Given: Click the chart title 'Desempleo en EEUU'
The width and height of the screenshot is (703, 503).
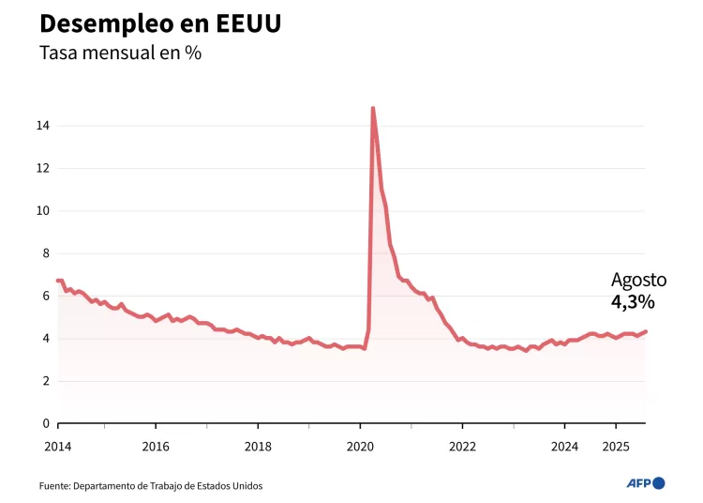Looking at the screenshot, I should click(x=160, y=23).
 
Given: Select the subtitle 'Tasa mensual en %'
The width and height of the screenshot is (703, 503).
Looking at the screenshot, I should click(x=120, y=53).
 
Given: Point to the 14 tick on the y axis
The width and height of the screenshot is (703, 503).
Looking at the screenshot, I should click(x=43, y=126).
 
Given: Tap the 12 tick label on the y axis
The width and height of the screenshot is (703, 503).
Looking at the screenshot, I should click(x=43, y=168).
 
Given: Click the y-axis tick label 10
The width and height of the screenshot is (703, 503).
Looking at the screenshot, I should click(x=43, y=211).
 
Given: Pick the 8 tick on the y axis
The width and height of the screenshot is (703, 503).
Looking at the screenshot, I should click(x=46, y=253).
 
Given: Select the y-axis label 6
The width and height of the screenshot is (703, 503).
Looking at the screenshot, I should click(x=46, y=296).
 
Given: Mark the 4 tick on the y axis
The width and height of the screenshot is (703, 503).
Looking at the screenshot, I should click(x=46, y=339).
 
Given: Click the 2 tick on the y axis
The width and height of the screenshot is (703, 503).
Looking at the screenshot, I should click(x=46, y=381).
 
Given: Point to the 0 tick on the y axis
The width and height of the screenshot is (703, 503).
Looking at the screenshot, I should click(x=46, y=423).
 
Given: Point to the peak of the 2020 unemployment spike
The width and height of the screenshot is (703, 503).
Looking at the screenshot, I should click(x=373, y=108).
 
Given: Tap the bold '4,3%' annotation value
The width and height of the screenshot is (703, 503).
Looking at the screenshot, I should click(x=633, y=301).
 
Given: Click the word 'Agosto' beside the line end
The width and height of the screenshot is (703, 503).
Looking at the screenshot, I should click(x=638, y=280).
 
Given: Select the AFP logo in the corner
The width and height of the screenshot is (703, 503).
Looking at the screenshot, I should click(x=645, y=483).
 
